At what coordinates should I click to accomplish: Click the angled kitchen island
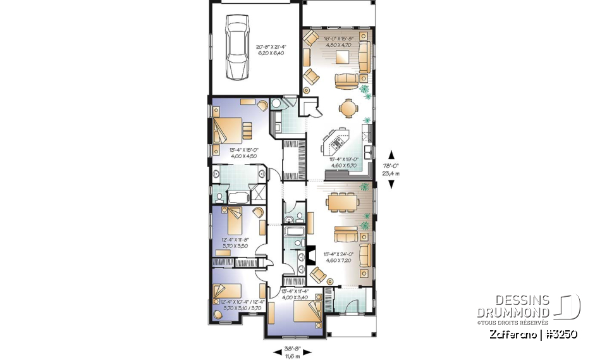click(x=336, y=142)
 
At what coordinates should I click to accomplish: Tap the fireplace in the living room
click(x=311, y=255)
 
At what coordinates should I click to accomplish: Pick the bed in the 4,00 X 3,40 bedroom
click(x=309, y=311)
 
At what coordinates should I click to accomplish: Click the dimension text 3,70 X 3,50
click(x=235, y=246)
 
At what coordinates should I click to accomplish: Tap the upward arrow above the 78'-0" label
click(x=391, y=154)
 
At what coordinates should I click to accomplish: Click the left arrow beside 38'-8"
click(x=277, y=352)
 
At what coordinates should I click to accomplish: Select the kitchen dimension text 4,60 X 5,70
click(x=343, y=166)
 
